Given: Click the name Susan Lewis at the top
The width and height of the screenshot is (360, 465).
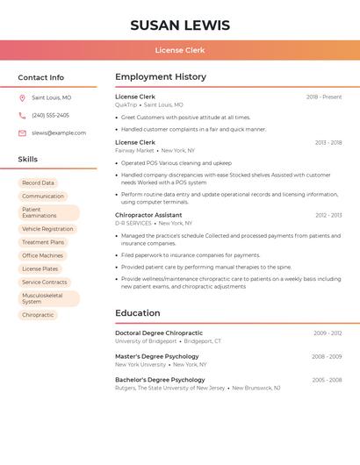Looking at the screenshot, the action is tap(180, 25).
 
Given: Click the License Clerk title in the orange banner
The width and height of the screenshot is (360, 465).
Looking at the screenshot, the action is tap(180, 50).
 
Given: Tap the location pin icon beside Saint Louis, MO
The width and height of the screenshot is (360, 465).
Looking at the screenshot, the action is tap(22, 98).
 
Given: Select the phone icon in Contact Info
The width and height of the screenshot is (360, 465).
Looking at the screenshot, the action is tap(22, 115).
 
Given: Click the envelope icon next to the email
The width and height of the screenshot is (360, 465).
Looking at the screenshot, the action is tap(22, 133).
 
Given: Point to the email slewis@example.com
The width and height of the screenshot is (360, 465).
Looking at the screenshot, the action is tap(59, 133).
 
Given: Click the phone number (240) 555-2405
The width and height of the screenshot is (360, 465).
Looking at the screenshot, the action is tap(50, 115).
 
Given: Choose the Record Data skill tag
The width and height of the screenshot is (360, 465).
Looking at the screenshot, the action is tap(38, 183).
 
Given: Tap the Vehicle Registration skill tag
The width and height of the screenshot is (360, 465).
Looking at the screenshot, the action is tap(47, 229).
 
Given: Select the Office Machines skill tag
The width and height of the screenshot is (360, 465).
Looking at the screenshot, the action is tap(42, 255).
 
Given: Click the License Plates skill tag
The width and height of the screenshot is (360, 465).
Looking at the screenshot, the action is tap(40, 269).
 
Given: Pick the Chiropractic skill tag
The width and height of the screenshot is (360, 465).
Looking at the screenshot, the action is tap(38, 315).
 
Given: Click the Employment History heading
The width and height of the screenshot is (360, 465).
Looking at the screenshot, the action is tap(161, 77).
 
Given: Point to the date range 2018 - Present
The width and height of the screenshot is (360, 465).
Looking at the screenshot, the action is tap(324, 97).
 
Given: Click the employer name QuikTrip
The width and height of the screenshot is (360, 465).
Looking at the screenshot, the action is tap(126, 104).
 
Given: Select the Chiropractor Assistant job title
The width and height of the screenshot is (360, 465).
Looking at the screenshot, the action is tap(148, 215).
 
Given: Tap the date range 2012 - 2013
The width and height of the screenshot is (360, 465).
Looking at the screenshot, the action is tap(328, 215).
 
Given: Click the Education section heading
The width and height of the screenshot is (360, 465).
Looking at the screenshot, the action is tap(138, 313).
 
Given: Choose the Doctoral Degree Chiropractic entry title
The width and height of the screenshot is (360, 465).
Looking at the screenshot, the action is tap(159, 333).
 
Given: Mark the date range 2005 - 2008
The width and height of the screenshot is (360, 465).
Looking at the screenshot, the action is tap(327, 380).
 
